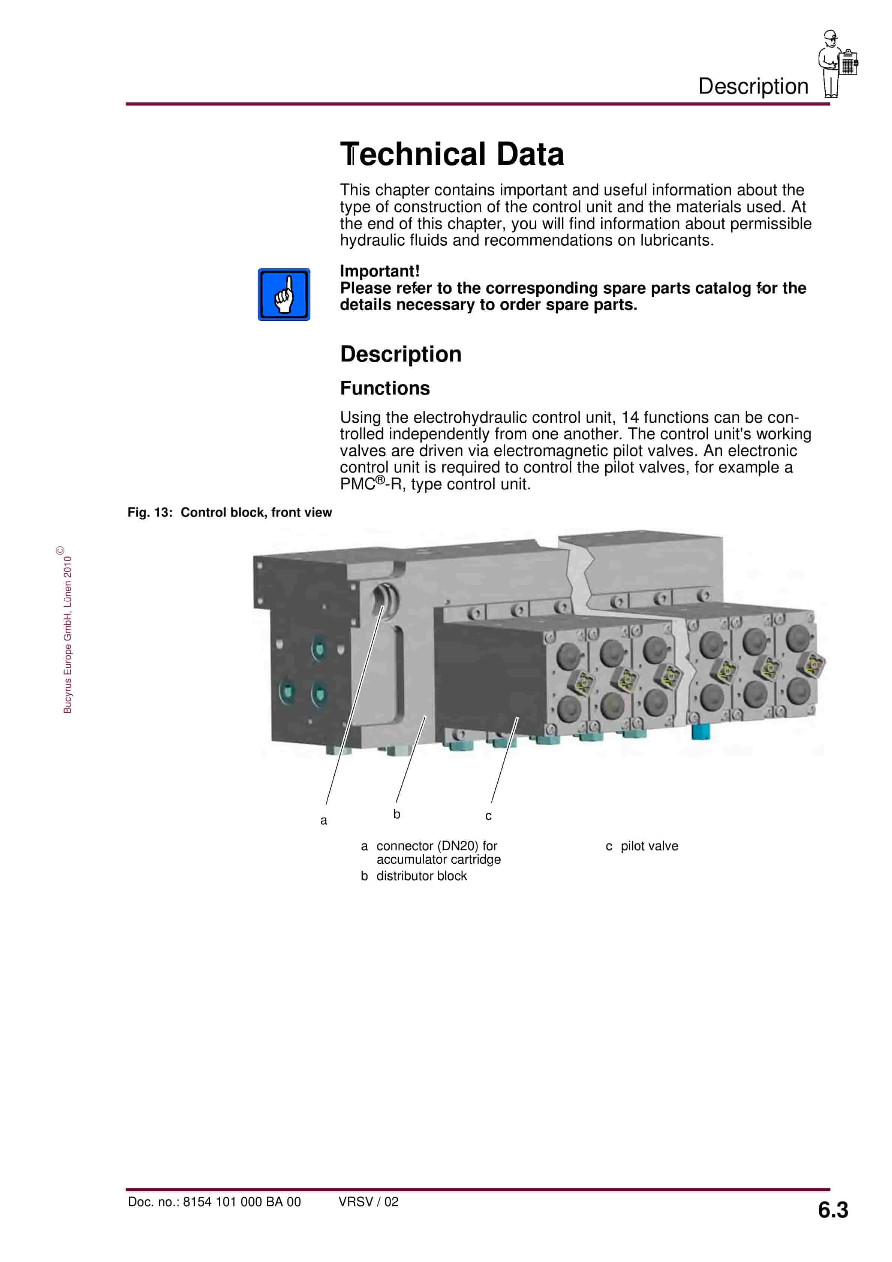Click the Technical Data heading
(x=452, y=154)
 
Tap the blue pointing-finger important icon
(x=284, y=295)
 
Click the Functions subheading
(x=385, y=388)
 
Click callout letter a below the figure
(x=323, y=821)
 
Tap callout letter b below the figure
(x=397, y=815)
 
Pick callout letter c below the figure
(x=488, y=816)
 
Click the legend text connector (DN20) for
(x=437, y=846)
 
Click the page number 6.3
(x=833, y=1210)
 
